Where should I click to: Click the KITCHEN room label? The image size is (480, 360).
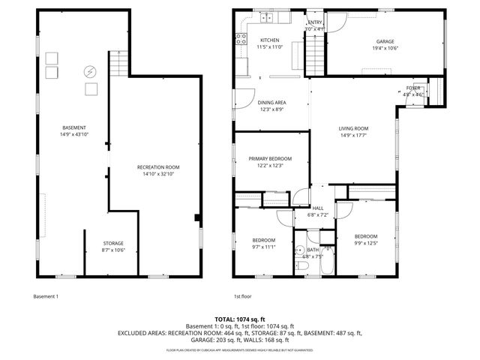(269, 40)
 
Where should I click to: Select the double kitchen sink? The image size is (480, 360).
(267, 16)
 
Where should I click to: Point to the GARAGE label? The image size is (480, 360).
(385, 41)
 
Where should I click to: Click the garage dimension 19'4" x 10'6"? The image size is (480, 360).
(385, 48)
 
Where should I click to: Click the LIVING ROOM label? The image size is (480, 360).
(354, 128)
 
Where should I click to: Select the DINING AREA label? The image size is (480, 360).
(271, 102)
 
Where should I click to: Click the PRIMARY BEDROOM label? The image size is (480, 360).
(270, 158)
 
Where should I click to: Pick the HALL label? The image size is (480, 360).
(317, 208)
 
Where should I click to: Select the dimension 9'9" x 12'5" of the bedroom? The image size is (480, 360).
(366, 242)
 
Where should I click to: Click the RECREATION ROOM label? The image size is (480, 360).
(158, 166)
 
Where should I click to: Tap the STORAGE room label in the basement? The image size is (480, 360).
(114, 242)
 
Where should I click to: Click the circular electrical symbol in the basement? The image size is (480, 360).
(90, 72)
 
